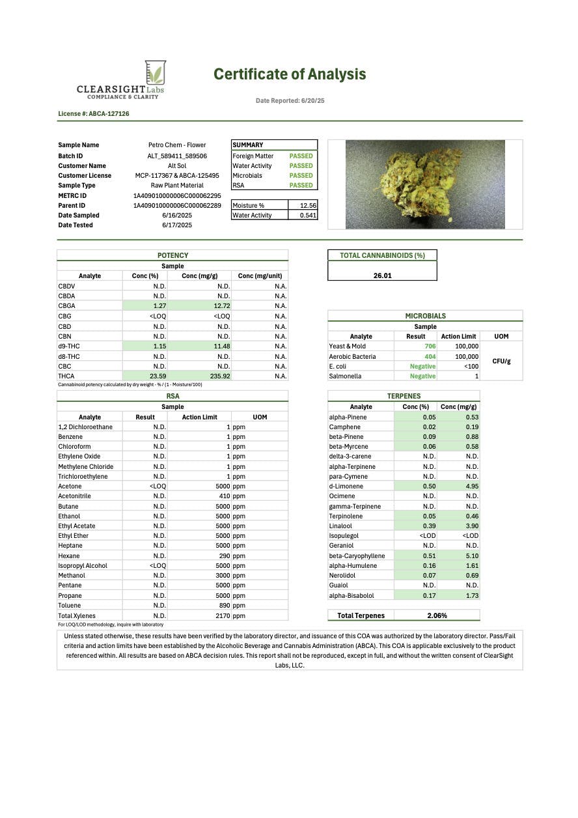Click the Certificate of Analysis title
click(290, 74)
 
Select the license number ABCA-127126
click(94, 113)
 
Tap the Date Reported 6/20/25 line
click(290, 101)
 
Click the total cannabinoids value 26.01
click(382, 275)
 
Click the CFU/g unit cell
click(501, 361)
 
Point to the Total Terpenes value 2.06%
click(436, 615)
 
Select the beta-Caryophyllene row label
click(357, 556)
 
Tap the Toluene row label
click(70, 606)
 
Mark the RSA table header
click(172, 396)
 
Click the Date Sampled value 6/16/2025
click(176, 215)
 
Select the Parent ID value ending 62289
click(177, 205)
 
